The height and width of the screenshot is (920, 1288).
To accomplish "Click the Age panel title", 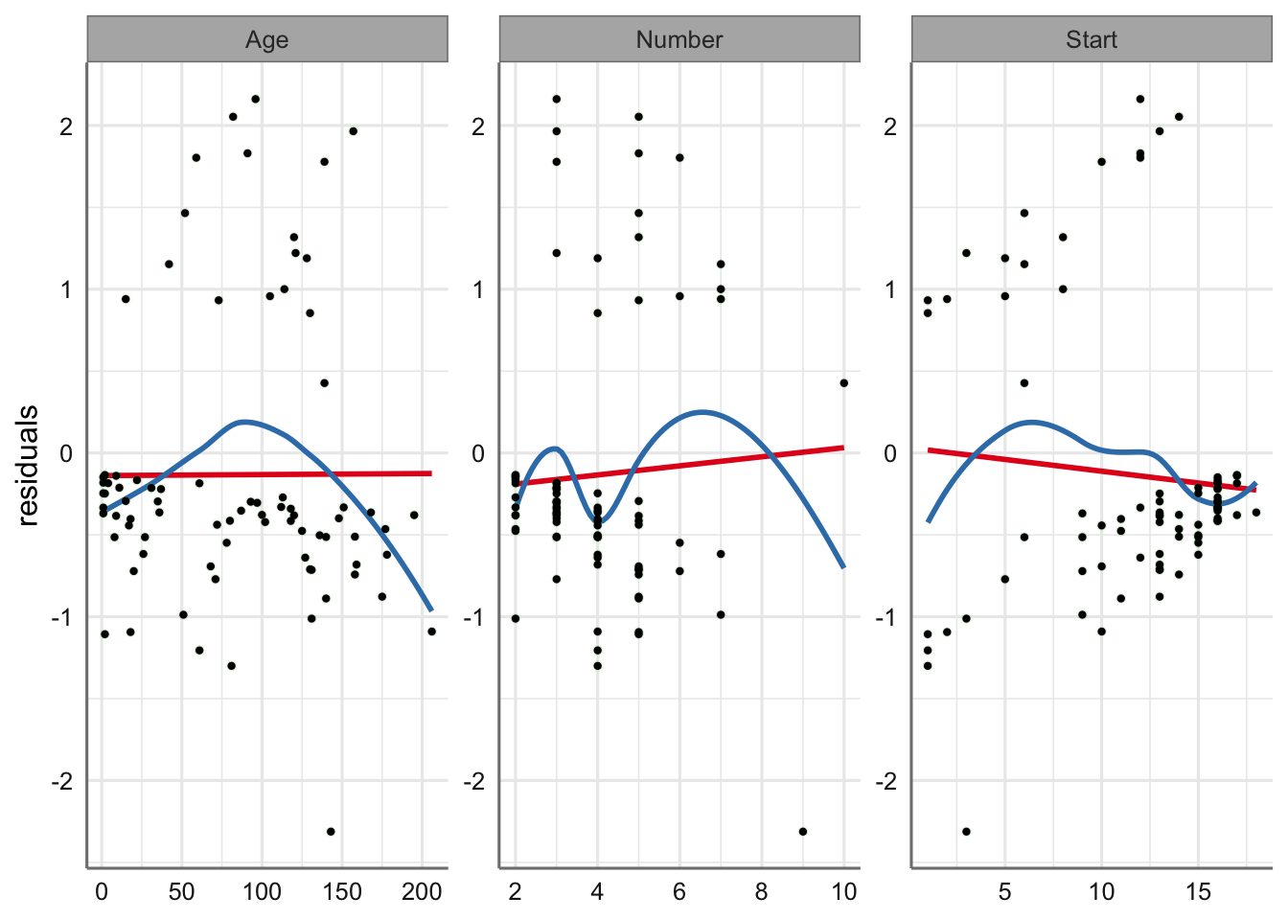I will (266, 39).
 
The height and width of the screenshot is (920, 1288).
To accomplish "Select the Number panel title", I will (679, 39).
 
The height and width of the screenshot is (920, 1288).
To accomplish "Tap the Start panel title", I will (1092, 39).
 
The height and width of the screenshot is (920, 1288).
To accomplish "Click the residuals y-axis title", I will (28, 465).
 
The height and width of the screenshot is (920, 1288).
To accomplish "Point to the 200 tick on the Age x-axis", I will (422, 892).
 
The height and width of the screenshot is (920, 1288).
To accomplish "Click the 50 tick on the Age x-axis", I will (181, 892).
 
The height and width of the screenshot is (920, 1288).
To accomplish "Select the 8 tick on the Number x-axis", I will (762, 892).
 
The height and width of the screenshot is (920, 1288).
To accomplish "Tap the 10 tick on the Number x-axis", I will (844, 892).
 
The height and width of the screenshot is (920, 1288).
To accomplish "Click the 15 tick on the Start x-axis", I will (1198, 892).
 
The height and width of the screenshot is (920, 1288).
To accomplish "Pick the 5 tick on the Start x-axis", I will (1004, 892).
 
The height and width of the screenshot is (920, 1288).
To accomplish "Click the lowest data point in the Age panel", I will (331, 831).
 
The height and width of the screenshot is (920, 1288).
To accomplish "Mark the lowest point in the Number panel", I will (803, 831).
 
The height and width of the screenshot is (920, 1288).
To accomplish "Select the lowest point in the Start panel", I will (966, 831).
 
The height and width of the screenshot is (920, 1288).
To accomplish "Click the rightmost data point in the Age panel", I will (431, 632).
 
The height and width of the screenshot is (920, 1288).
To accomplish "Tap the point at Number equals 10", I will (844, 382).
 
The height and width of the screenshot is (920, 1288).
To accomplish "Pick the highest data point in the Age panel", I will (255, 99).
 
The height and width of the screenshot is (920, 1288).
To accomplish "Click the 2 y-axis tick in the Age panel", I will (66, 126).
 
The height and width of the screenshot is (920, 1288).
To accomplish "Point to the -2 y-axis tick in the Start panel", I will (888, 781).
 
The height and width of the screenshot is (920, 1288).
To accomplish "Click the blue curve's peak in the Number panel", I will (703, 412).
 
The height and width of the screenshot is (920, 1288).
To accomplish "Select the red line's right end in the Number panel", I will (843, 448).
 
